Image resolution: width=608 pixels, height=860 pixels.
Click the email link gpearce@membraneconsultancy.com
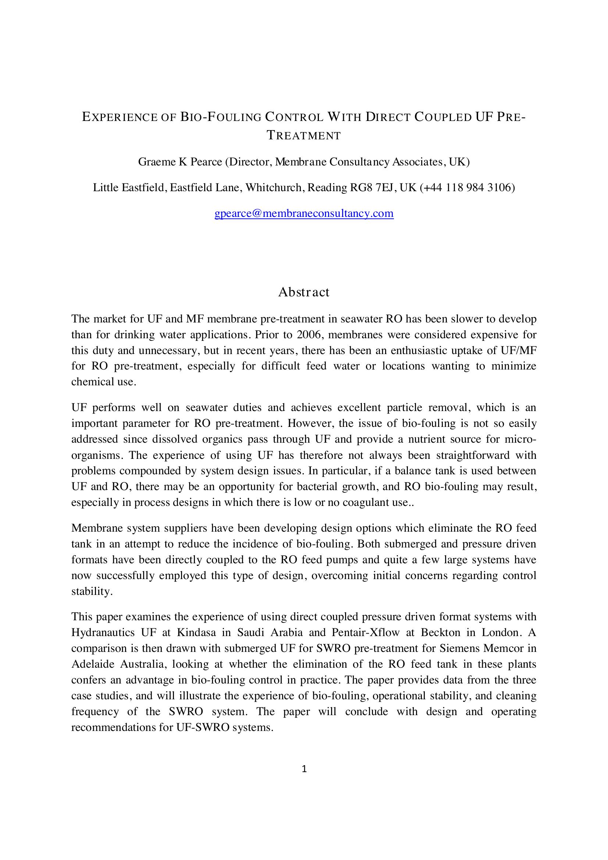304,214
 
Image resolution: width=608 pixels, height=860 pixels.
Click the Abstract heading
304,292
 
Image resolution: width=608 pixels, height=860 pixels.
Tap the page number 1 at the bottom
304,769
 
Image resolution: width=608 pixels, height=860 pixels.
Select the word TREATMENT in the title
304,136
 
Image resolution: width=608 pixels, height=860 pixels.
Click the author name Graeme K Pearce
180,162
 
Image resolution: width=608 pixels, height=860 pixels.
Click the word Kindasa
196,633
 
